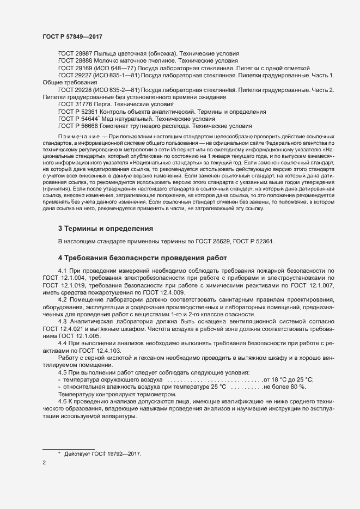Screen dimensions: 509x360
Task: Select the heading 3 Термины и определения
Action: coord(106,228)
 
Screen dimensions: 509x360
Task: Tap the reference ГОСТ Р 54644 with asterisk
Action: coord(77,118)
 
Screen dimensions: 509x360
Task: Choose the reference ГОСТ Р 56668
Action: coord(77,125)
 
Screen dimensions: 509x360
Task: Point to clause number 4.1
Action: coord(62,271)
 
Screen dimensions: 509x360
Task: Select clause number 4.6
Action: coord(62,400)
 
